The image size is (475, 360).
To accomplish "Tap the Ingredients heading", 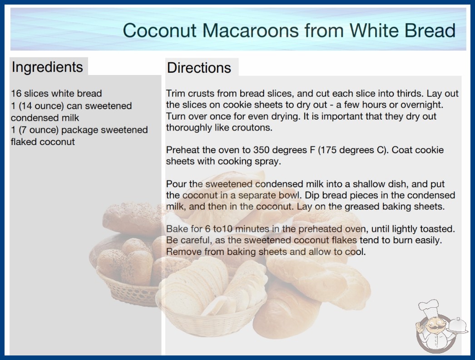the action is (47, 67).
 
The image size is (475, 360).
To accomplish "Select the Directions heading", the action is (199, 68).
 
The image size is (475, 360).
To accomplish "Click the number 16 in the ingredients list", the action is (16, 94).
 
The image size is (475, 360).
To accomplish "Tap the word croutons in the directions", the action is (252, 128).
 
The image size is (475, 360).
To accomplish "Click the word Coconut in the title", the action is (160, 30).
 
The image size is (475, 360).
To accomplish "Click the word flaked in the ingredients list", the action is (24, 142).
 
